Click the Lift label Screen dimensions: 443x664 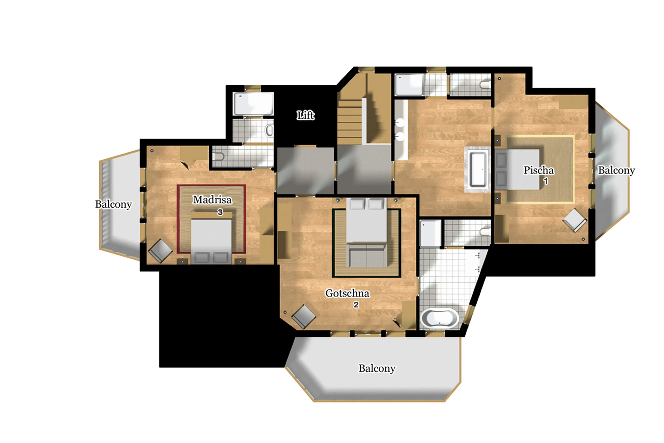(x=306, y=115)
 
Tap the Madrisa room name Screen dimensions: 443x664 (x=212, y=200)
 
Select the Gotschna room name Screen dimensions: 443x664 (x=347, y=293)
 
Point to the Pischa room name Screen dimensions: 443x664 (x=538, y=170)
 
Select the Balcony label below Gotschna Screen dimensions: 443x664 (x=377, y=368)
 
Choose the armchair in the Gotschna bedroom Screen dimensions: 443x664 (x=303, y=316)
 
